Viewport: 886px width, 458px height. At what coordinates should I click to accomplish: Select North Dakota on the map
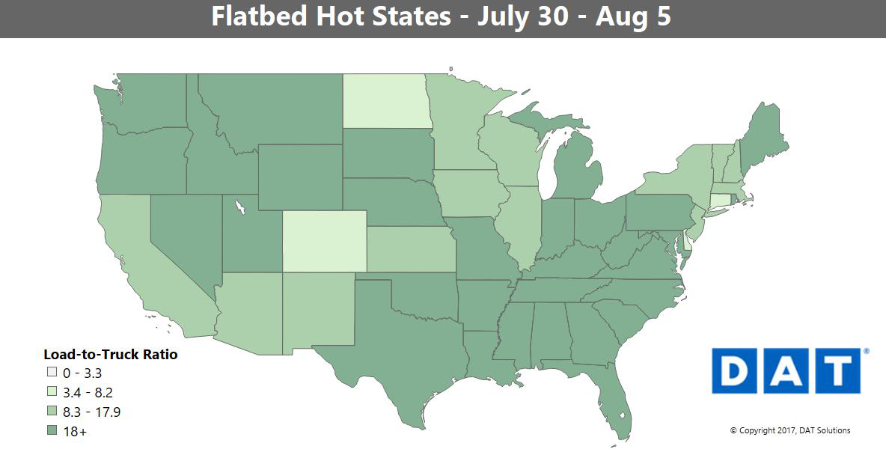pyautogui.click(x=385, y=100)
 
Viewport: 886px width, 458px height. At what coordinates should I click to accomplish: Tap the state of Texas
pyautogui.click(x=397, y=337)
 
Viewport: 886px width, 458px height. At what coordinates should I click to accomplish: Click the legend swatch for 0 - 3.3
pyautogui.click(x=52, y=372)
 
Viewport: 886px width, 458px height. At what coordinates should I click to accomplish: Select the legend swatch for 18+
pyautogui.click(x=52, y=431)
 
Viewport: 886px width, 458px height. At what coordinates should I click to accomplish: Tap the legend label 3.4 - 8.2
pyautogui.click(x=88, y=391)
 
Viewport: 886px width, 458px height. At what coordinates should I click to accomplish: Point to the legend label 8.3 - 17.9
pyautogui.click(x=92, y=412)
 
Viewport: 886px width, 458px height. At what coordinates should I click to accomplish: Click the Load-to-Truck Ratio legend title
pyautogui.click(x=111, y=354)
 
